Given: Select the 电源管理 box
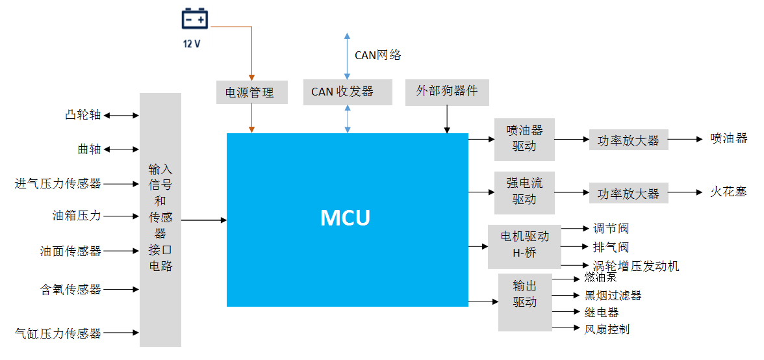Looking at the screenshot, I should click(x=249, y=92).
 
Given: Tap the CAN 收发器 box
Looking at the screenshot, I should click(x=348, y=92).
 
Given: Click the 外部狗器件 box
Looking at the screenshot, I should click(x=446, y=92).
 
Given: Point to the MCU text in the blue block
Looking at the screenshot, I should click(x=346, y=218).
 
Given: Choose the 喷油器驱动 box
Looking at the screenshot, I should click(x=524, y=139).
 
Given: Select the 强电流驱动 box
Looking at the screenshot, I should click(x=524, y=192).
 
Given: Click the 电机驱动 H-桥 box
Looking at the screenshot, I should click(x=524, y=246).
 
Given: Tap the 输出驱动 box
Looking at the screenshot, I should click(x=524, y=294).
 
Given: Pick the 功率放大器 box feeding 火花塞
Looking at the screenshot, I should click(x=628, y=194).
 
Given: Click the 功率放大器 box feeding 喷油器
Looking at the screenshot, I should click(x=628, y=140).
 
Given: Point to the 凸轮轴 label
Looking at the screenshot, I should click(x=83, y=116).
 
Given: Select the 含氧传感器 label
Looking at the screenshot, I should click(x=71, y=290).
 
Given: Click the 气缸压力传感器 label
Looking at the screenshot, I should click(x=58, y=334).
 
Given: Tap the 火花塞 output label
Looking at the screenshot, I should click(x=728, y=192).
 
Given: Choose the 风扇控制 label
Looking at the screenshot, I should click(x=607, y=329).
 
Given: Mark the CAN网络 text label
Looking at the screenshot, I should click(x=377, y=55).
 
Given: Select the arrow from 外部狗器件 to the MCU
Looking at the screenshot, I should click(x=447, y=120).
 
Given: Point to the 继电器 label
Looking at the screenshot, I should click(x=602, y=313).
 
